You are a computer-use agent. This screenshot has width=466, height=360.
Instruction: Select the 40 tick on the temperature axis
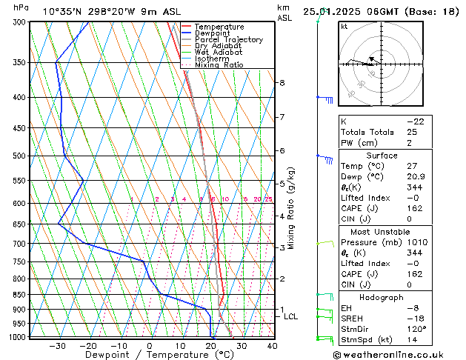tap(272, 346)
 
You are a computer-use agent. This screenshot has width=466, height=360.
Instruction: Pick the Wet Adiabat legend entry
tap(219, 53)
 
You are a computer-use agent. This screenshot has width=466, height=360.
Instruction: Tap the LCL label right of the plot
tap(290, 316)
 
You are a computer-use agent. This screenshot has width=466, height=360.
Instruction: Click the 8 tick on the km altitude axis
tap(282, 82)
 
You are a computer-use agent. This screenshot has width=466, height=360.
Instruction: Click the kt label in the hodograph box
tap(344, 26)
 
